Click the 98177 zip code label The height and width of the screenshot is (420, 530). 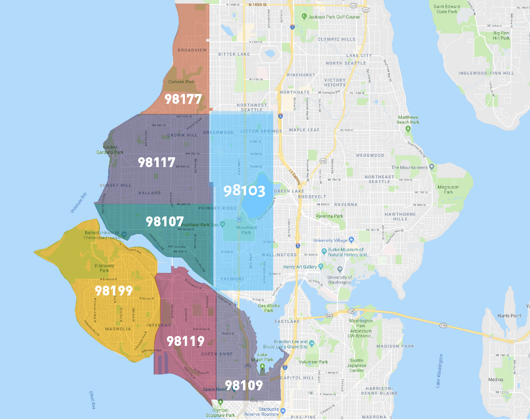coord(183,99)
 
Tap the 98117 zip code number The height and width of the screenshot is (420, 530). coord(157,162)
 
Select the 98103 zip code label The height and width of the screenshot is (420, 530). coord(245,191)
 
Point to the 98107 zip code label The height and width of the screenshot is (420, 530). coord(164,221)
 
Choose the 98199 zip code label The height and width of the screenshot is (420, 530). coord(113,291)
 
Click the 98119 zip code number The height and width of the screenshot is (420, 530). coord(185,341)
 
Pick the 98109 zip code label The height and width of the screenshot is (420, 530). coord(244,385)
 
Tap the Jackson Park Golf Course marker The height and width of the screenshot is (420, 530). coord(304,16)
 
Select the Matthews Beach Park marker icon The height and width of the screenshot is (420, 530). coord(408,128)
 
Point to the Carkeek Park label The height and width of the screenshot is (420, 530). coord(181,82)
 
